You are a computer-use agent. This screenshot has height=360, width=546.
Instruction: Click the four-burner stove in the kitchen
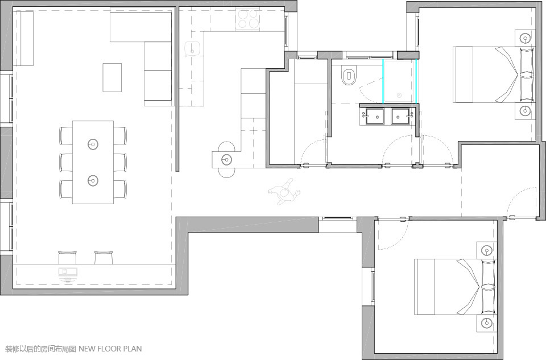[x=248, y=19]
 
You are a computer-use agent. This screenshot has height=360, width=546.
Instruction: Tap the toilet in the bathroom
[x=349, y=76]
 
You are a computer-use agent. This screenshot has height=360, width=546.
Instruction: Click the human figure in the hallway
[x=284, y=192]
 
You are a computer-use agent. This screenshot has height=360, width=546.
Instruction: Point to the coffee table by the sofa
[x=112, y=77]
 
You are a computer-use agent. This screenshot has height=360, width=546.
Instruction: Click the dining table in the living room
[x=93, y=162]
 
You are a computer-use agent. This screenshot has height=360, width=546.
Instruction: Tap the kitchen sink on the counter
[x=193, y=48]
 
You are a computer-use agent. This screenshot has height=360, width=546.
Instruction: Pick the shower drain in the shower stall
[x=399, y=94]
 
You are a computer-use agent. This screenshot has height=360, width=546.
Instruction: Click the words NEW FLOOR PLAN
[x=110, y=349]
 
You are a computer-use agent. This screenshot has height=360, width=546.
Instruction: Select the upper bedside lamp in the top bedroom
[x=525, y=38]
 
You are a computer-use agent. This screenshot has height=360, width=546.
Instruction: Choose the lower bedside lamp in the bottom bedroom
[x=486, y=322]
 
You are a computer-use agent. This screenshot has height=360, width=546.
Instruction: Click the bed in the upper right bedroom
[x=494, y=75]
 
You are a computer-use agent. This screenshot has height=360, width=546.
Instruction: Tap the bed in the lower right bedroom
[x=456, y=287]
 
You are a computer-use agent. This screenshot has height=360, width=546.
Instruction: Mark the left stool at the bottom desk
[x=67, y=257]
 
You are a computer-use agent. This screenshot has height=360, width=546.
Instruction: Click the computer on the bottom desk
[x=68, y=274]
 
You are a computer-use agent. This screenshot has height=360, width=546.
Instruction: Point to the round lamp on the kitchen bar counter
[x=226, y=160]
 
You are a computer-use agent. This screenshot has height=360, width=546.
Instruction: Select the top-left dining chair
[x=66, y=136]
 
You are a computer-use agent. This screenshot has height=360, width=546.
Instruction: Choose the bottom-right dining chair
[x=120, y=189]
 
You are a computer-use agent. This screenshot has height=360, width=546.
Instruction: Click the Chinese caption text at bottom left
[x=41, y=349]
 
